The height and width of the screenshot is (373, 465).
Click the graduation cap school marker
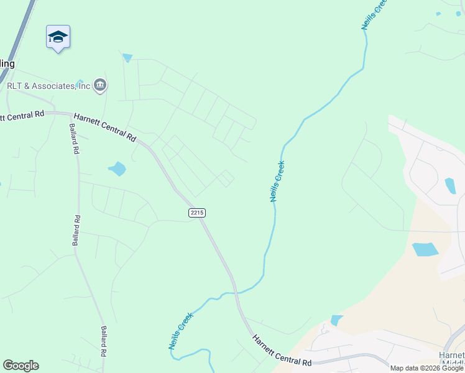tap(58, 37)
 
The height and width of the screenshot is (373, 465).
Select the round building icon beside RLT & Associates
tap(100, 86)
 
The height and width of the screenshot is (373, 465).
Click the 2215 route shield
tap(197, 213)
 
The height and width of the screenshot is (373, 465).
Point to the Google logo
tap(21, 366)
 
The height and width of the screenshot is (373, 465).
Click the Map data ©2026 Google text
tap(426, 368)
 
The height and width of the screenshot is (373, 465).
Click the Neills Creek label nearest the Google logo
tap(181, 330)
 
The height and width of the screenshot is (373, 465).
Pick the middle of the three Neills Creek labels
tap(277, 182)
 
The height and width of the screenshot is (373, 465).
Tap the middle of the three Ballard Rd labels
tap(76, 230)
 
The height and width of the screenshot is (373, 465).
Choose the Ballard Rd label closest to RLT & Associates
tap(73, 139)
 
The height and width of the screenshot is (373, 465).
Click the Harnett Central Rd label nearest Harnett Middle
tap(282, 349)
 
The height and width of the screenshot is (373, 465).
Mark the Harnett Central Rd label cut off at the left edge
tap(22, 115)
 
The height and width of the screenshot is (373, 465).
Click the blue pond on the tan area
tap(425, 249)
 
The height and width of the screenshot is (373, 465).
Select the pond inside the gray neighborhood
tap(450, 185)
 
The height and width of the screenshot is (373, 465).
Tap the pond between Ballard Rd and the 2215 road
tap(117, 168)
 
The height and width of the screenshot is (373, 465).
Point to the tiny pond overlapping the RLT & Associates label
tap(80, 81)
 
